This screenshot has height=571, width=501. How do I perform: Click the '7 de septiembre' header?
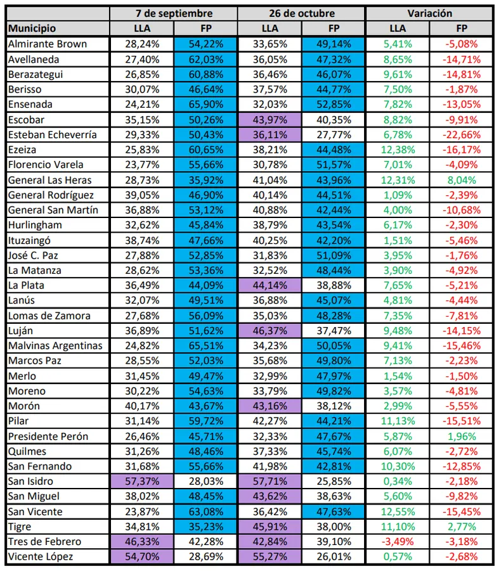(x=174, y=13)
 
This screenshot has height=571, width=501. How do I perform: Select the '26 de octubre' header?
(x=302, y=13)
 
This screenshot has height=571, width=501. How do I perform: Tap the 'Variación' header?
(x=429, y=13)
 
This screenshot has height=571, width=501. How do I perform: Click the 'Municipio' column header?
(x=32, y=29)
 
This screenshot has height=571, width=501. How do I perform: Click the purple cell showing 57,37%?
(x=143, y=482)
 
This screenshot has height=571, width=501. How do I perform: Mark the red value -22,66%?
(x=462, y=134)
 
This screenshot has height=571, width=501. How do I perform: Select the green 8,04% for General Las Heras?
(x=462, y=180)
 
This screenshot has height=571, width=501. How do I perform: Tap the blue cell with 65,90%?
(x=206, y=105)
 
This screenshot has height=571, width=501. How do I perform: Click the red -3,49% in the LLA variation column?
(x=398, y=542)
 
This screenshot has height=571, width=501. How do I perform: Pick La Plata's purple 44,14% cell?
(x=270, y=286)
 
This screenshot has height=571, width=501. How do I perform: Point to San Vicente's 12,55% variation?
(x=398, y=512)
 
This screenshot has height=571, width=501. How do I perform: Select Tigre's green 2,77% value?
(x=462, y=527)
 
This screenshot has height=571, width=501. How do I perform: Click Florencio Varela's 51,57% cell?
(x=334, y=165)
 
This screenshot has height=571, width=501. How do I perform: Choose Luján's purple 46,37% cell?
(x=270, y=331)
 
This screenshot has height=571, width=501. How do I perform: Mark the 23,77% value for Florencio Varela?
(x=143, y=165)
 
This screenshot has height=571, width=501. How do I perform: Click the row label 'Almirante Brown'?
(x=48, y=44)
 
